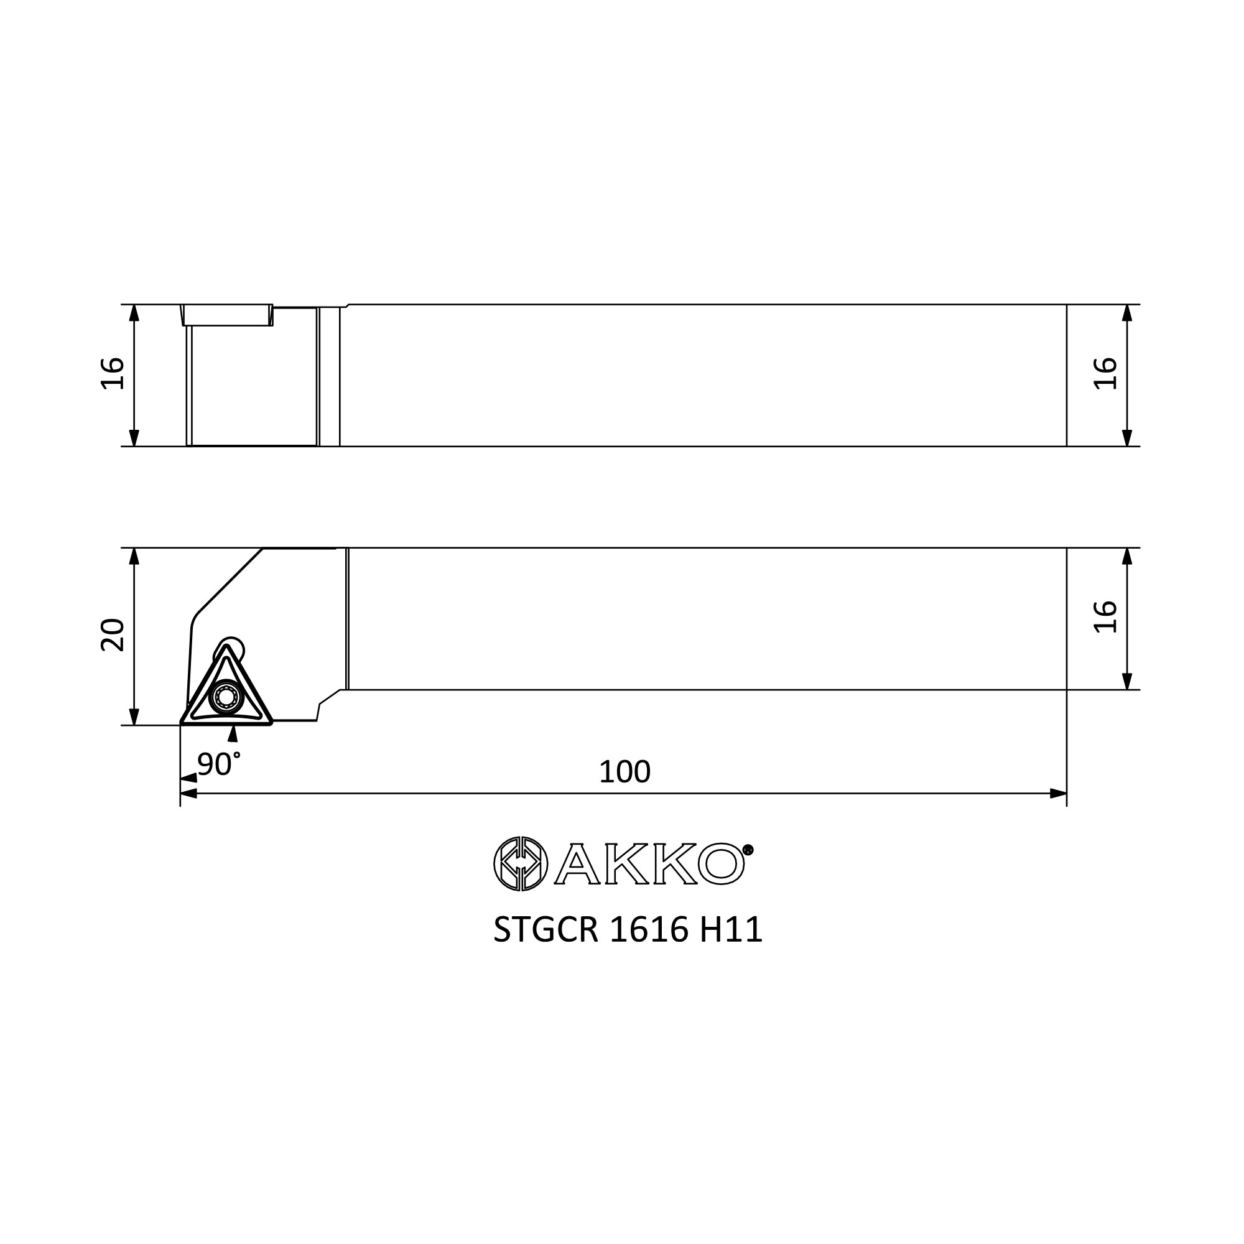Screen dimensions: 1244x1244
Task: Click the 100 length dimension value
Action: tap(624, 771)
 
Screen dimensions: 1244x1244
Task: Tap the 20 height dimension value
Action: tap(113, 635)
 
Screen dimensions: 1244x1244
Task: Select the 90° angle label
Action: tap(219, 764)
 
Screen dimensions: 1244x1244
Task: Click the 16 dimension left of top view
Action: tap(113, 373)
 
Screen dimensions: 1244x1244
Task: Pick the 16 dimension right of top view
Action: tap(1105, 373)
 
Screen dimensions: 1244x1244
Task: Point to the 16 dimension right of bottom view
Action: tap(1105, 617)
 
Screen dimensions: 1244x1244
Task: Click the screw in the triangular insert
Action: tap(226, 697)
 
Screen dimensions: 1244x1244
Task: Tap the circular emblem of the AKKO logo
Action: tap(520, 863)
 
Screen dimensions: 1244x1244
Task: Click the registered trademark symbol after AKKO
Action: tap(748, 850)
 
